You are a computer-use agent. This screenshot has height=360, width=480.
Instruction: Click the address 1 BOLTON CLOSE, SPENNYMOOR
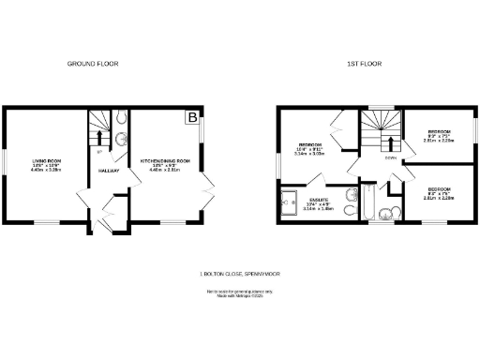[x=240, y=274]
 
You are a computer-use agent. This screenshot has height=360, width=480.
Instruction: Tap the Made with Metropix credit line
[x=240, y=296]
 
